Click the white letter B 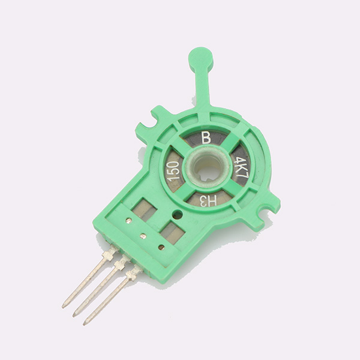[206, 137]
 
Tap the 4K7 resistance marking [241, 167]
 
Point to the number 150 [173, 170]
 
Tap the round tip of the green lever [200, 59]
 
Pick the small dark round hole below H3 [178, 214]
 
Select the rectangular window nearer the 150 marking [145, 210]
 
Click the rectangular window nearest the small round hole [172, 232]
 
